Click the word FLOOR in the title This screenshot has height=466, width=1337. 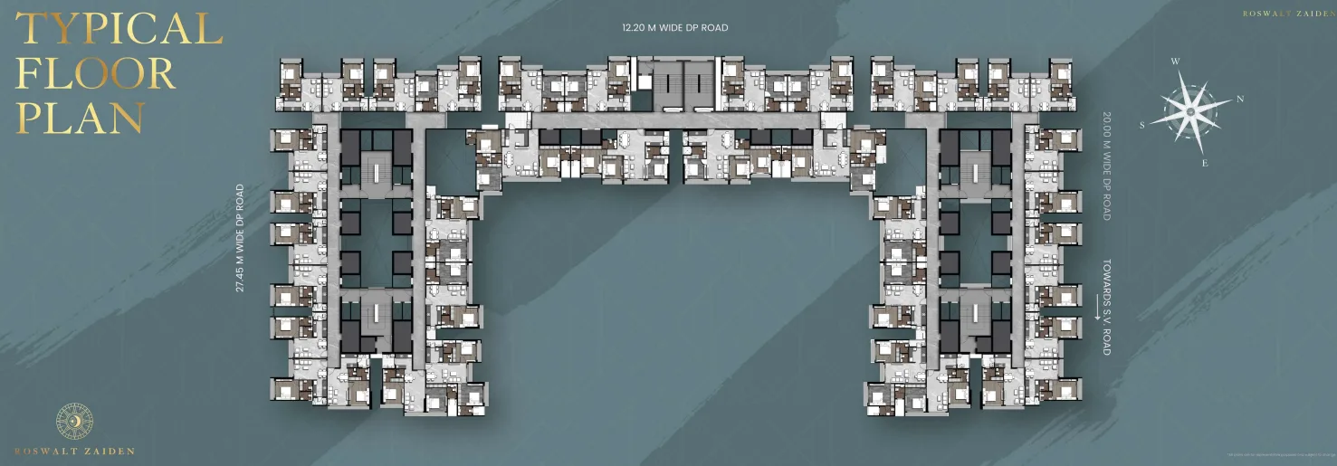(96, 74)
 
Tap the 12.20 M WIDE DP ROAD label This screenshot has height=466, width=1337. (674, 28)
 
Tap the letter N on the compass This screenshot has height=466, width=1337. (1240, 99)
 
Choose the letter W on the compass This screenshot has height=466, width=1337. (1175, 62)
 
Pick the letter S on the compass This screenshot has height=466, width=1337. (1142, 126)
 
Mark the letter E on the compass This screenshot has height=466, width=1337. (1205, 163)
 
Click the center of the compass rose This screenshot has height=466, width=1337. (1190, 111)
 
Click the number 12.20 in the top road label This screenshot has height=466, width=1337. (635, 28)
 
